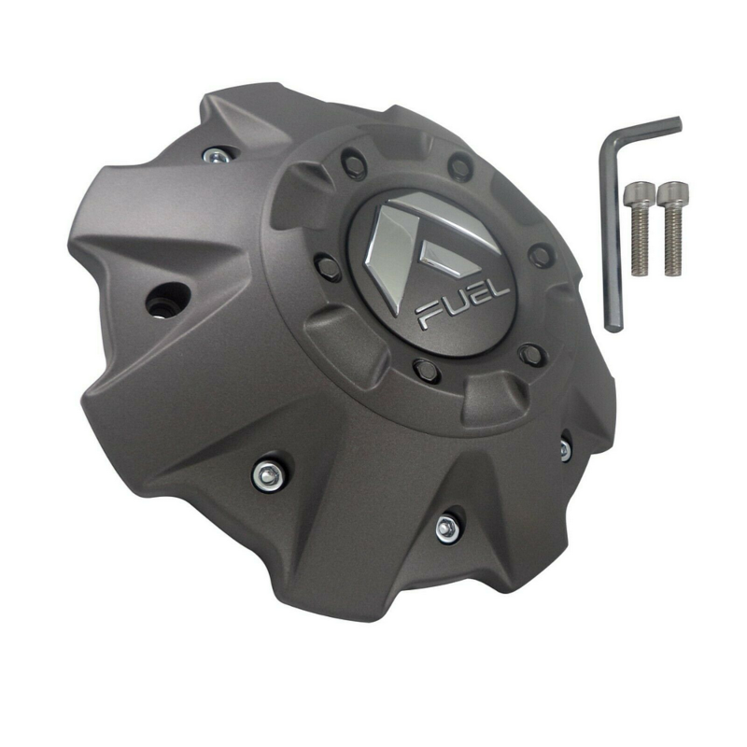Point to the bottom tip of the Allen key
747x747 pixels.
pos(613,326)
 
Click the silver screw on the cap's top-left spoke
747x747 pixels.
pos(216,154)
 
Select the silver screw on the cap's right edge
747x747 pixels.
pos(565,449)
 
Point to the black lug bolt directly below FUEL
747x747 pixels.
pos(425,367)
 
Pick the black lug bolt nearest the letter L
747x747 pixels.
pos(531,353)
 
